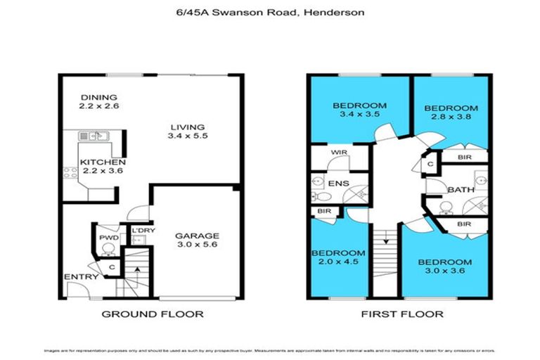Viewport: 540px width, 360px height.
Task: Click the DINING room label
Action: click(98, 97)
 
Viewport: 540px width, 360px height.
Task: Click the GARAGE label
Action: click(198, 236)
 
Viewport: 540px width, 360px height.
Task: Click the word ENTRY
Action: click(81, 277)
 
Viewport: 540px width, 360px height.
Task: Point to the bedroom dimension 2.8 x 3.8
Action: click(451, 119)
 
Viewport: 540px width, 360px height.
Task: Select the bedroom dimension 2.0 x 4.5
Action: click(338, 263)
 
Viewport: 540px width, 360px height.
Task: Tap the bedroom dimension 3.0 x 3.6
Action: click(444, 272)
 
